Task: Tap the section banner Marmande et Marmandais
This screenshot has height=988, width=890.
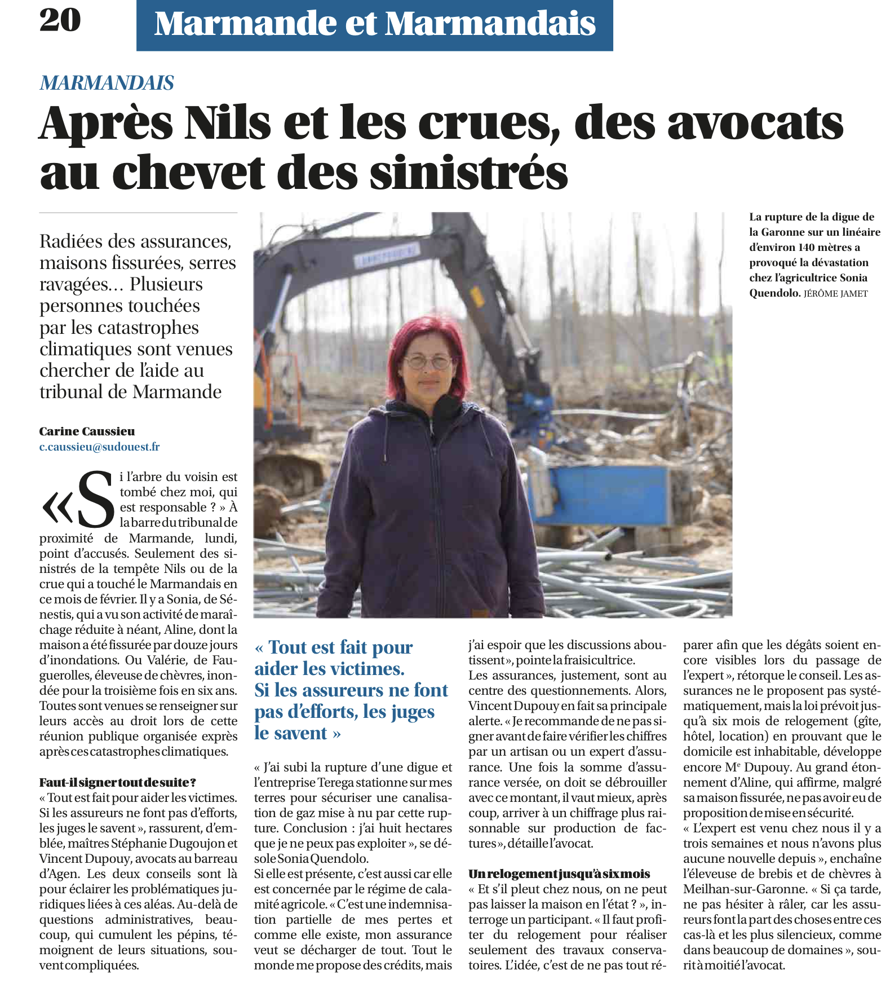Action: point(374,25)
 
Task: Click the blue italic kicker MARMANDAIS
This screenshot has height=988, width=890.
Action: point(107,83)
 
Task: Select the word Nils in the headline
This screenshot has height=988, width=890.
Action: point(228,122)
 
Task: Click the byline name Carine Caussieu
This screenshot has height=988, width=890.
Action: point(87,431)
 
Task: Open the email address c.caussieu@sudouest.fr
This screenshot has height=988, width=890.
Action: point(99,447)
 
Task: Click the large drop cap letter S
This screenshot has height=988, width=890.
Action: point(95,499)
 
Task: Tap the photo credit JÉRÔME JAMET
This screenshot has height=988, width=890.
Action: point(835,294)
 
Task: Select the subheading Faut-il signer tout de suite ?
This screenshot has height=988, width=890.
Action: point(117,783)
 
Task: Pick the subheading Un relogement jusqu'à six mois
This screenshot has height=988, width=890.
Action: point(559,874)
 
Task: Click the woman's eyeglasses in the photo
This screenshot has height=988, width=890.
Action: point(429,361)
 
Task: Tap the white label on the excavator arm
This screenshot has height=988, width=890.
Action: point(387,255)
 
